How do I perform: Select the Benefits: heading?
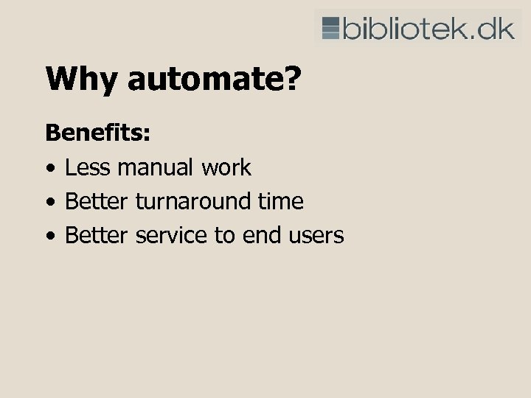click(98, 133)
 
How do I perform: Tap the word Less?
click(88, 167)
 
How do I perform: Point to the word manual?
click(156, 167)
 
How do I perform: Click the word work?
click(226, 167)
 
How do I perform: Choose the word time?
click(281, 201)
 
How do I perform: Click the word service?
click(171, 235)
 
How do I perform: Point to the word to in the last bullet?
click(223, 236)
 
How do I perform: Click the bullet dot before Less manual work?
click(49, 169)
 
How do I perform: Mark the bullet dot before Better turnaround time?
click(49, 203)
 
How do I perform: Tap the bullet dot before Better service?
click(49, 237)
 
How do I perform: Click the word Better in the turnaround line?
click(97, 201)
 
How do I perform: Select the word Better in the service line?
click(97, 235)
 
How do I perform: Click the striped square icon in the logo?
click(331, 27)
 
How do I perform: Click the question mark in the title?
click(293, 80)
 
